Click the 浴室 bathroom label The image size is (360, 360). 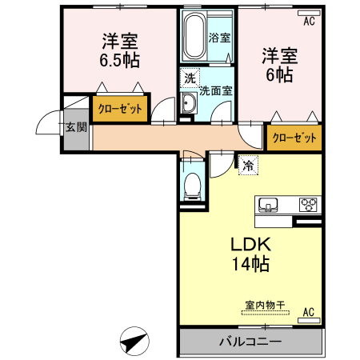[219, 37]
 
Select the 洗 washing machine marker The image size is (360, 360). [190, 78]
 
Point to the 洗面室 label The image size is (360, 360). [216, 90]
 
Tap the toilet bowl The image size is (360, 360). [192, 186]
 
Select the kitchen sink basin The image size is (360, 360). [267, 204]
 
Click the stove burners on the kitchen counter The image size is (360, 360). [308, 204]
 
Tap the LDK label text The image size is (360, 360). [249, 243]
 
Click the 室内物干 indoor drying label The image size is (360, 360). [265, 304]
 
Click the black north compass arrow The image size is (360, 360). [134, 343]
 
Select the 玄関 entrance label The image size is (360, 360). [76, 126]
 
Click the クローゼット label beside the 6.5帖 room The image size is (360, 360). [120, 109]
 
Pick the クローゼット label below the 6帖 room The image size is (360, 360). [294, 138]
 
